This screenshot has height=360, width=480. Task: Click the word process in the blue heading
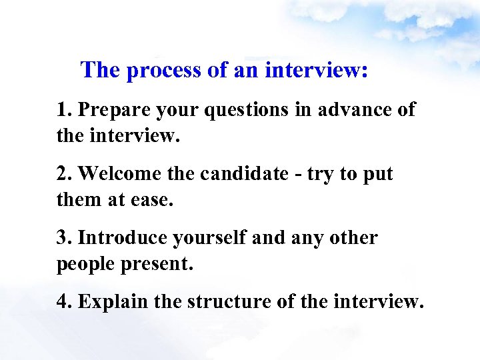(163, 71)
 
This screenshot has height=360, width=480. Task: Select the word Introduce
(123, 238)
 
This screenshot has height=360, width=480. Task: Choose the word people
(85, 264)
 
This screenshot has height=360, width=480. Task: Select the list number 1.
(63, 111)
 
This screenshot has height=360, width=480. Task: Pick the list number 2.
(63, 174)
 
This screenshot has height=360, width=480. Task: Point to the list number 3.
(63, 238)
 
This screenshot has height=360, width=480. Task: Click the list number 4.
(63, 302)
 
